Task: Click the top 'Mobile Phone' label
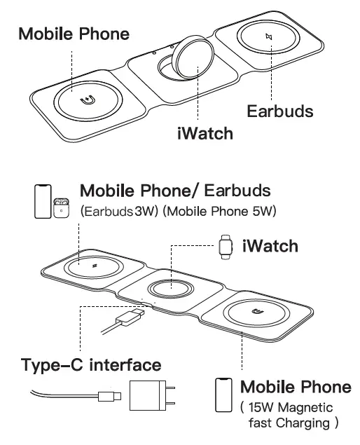point(74,33)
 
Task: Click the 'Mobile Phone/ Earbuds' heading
point(175,191)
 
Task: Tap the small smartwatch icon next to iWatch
point(225,246)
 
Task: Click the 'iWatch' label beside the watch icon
point(270,246)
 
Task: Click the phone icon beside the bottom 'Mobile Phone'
point(223,394)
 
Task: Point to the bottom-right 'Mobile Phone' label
point(296,387)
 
